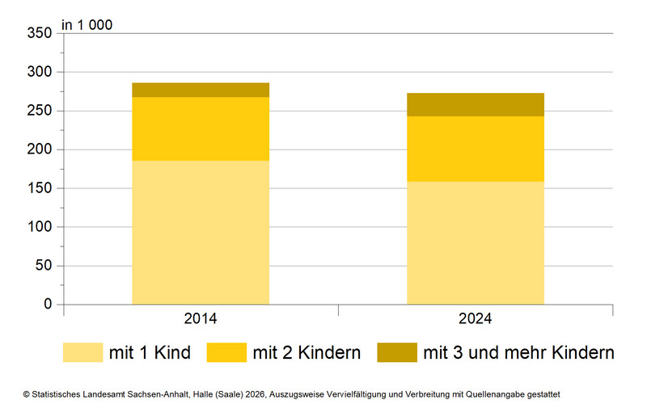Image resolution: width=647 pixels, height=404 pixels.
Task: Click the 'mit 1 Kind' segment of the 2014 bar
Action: coord(201,232)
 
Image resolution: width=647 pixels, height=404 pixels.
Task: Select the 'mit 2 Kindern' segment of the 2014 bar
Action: coord(201,128)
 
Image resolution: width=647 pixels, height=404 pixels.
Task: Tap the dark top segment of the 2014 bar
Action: coord(201,90)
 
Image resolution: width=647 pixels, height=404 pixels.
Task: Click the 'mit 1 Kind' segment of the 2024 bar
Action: coord(475,242)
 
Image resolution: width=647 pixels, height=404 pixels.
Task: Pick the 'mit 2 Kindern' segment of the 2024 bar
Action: coord(475,149)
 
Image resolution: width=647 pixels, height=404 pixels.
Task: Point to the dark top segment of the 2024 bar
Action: coord(475,104)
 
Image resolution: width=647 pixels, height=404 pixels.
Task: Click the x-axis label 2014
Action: coord(201,318)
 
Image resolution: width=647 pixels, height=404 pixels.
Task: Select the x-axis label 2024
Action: coord(475,318)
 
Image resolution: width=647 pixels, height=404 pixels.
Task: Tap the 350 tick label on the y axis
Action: coord(39,33)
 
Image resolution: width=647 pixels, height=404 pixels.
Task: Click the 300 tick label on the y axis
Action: coord(39,72)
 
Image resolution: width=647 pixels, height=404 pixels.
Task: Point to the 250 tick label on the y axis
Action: coord(39,111)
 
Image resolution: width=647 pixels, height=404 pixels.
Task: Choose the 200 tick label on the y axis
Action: coord(39,149)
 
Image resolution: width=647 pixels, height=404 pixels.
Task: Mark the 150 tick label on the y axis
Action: coord(39,188)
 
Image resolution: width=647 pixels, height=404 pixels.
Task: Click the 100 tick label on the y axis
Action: coord(39,227)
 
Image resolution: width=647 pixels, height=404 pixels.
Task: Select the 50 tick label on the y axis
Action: coord(42,266)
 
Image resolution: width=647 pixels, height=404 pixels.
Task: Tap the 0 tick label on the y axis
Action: coord(48,305)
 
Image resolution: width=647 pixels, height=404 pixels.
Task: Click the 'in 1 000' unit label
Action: coord(87,24)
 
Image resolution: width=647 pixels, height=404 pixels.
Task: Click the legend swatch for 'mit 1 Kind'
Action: coord(83,352)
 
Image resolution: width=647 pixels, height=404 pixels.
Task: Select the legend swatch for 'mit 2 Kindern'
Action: coord(226,352)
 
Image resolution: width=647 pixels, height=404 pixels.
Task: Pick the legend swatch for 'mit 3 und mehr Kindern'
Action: coord(397,352)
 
